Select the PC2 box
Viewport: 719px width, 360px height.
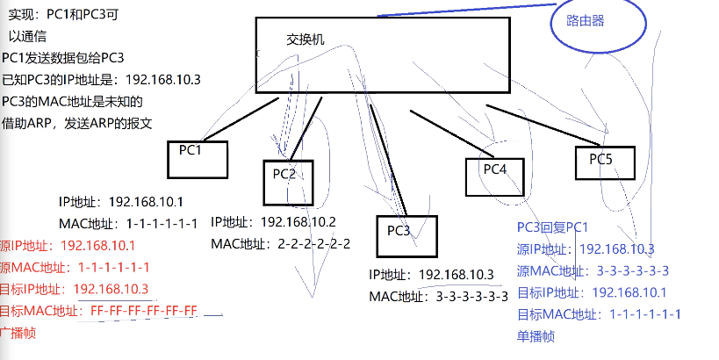[x=288, y=181]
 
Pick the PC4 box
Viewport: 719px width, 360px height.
[x=494, y=175]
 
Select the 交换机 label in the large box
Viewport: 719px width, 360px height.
[x=306, y=40]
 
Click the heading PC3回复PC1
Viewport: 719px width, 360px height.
[x=553, y=227]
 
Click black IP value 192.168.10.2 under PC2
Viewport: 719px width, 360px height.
[x=298, y=221]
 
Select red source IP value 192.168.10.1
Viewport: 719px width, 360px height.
[x=98, y=245]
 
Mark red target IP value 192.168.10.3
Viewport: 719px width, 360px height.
[x=111, y=289]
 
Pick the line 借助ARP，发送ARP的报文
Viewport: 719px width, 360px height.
[x=77, y=123]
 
